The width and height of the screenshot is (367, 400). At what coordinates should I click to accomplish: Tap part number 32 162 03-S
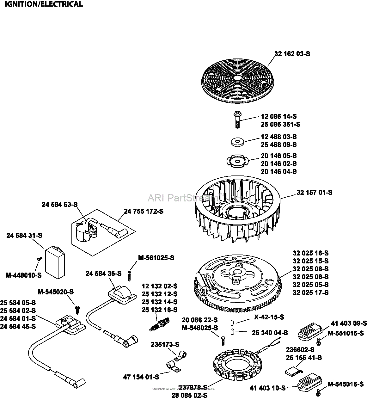pos(292,54)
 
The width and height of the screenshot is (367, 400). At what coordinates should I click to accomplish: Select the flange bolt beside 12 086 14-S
pos(237,119)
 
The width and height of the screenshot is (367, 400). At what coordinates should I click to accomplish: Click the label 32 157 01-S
pos(314,192)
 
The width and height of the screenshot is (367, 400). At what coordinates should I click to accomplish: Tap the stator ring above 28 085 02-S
pos(234,364)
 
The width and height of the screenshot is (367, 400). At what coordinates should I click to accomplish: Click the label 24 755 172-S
pos(144,211)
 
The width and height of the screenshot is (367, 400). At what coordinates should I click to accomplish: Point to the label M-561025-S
pos(156,258)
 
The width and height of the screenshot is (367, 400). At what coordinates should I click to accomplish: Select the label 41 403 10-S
pos(267,388)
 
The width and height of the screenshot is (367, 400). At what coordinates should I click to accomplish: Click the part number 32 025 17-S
pos(310,292)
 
